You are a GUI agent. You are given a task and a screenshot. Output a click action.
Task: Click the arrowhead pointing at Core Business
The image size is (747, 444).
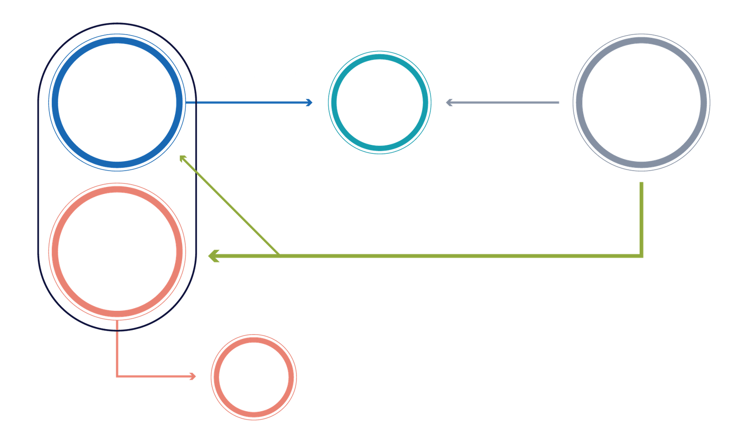(193, 376)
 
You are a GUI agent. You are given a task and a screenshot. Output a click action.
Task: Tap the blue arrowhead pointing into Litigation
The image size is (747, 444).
(309, 102)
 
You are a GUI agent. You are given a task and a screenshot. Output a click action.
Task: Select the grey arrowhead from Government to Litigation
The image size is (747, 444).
(450, 102)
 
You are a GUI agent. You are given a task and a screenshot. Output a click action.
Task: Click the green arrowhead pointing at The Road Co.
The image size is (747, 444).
(213, 256)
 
